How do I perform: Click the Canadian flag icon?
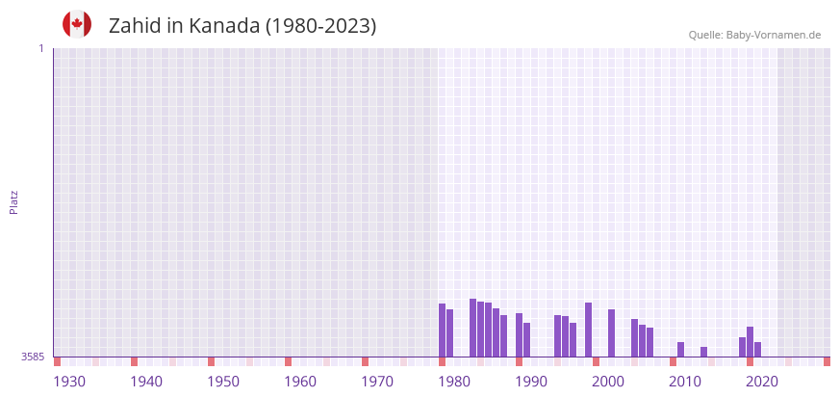click(77, 24)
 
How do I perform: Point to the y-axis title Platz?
click(14, 201)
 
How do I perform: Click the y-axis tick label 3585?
click(33, 357)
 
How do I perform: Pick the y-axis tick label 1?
click(40, 48)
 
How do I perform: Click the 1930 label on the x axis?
click(69, 382)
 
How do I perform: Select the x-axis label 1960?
click(300, 382)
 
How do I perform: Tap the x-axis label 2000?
click(608, 382)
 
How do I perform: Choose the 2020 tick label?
click(762, 382)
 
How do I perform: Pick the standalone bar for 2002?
click(612, 333)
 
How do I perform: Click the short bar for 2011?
click(681, 350)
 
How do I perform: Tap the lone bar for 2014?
click(704, 352)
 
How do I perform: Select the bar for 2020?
click(751, 342)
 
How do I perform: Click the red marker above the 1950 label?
click(212, 361)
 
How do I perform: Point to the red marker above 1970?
click(366, 361)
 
